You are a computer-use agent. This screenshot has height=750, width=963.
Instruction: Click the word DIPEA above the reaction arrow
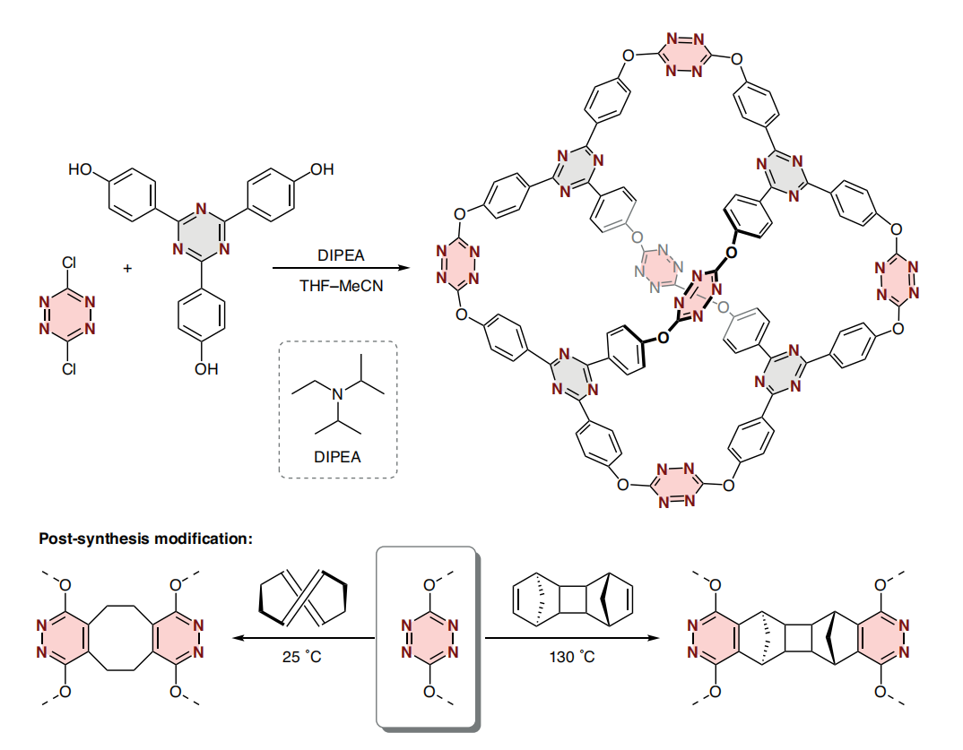pos(341,255)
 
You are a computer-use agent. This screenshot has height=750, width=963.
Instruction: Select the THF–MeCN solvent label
pos(341,286)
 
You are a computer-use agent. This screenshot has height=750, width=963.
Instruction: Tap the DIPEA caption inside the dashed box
pos(337,457)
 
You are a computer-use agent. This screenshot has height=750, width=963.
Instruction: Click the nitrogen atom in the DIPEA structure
pos(338,394)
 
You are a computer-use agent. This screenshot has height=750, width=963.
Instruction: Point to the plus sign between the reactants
pos(127,268)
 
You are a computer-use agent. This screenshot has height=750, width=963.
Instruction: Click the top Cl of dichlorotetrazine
pos(69,263)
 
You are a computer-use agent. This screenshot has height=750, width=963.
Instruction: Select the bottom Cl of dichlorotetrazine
pos(69,368)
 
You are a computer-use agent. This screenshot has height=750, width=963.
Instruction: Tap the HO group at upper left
pos(80,168)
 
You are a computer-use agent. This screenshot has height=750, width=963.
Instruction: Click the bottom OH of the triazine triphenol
pos(206,369)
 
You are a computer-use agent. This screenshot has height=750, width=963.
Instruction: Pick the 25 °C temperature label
pos(301,657)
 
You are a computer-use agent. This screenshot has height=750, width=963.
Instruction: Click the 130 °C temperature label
pos(572,657)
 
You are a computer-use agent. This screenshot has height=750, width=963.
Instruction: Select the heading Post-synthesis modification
pos(145,539)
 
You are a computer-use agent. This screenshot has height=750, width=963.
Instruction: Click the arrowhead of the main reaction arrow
pos(403,268)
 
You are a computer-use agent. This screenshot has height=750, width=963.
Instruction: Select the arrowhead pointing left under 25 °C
pos(239,638)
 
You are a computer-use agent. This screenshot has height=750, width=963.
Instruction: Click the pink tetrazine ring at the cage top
pos(684,56)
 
